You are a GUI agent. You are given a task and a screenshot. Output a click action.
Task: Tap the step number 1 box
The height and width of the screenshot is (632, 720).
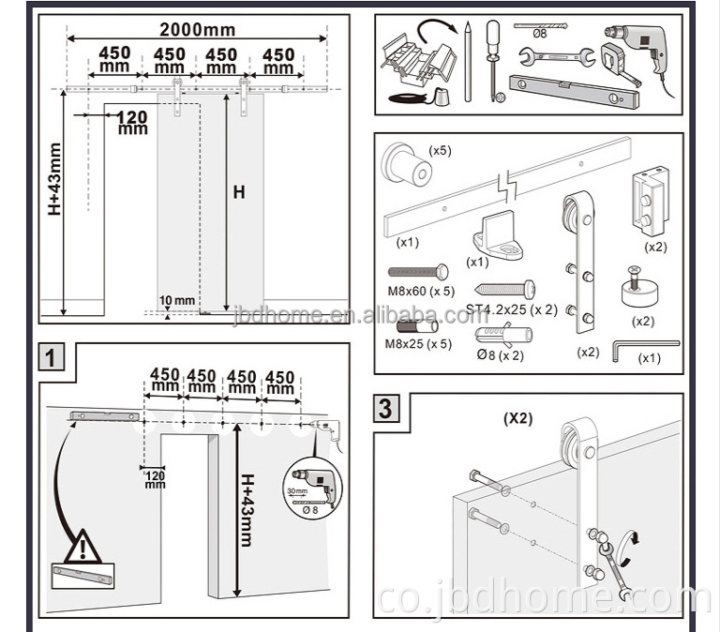[x=53, y=356]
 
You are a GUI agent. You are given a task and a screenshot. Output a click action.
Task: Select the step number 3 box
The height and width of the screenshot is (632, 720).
[x=386, y=410]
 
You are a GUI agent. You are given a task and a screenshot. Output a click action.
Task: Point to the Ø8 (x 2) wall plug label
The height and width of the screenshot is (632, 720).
[x=502, y=354]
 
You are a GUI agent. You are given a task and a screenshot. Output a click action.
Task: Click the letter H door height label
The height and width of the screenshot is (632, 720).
[x=239, y=192]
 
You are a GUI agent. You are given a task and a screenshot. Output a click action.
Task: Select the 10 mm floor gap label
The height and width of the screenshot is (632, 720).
[x=177, y=301]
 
